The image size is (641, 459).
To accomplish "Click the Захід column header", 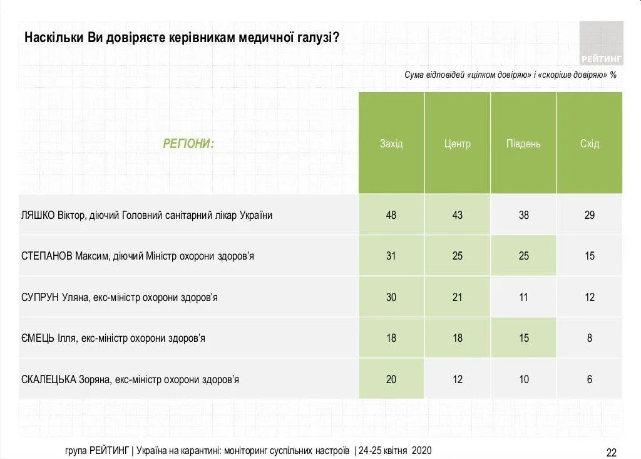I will point(391,144).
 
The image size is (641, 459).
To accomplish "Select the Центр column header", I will point(458,144).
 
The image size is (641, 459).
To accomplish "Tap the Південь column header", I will point(523,144).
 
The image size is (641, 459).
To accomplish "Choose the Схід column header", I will point(590,144).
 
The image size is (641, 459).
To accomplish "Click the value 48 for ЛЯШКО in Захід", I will point(391,215).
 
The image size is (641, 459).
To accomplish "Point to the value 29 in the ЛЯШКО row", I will point(590,215).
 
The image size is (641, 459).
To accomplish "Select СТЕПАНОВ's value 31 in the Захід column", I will point(391,256).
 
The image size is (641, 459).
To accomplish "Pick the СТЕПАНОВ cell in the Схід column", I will point(590,256).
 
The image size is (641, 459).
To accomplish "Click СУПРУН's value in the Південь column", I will point(523,297).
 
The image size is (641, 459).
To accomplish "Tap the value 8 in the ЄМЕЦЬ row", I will point(590,338).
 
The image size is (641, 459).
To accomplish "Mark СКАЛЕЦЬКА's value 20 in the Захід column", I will point(391,379).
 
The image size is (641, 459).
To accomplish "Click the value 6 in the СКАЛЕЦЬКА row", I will point(590,379).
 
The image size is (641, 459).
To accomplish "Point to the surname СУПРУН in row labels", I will point(40,297).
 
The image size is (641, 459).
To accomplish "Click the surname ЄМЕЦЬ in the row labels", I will point(38,338).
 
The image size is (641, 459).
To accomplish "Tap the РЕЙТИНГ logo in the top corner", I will point(601,44).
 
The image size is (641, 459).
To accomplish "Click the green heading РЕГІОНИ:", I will point(188,144).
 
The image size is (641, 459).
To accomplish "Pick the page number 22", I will point(612,452).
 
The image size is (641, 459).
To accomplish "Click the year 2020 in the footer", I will point(421,451).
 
